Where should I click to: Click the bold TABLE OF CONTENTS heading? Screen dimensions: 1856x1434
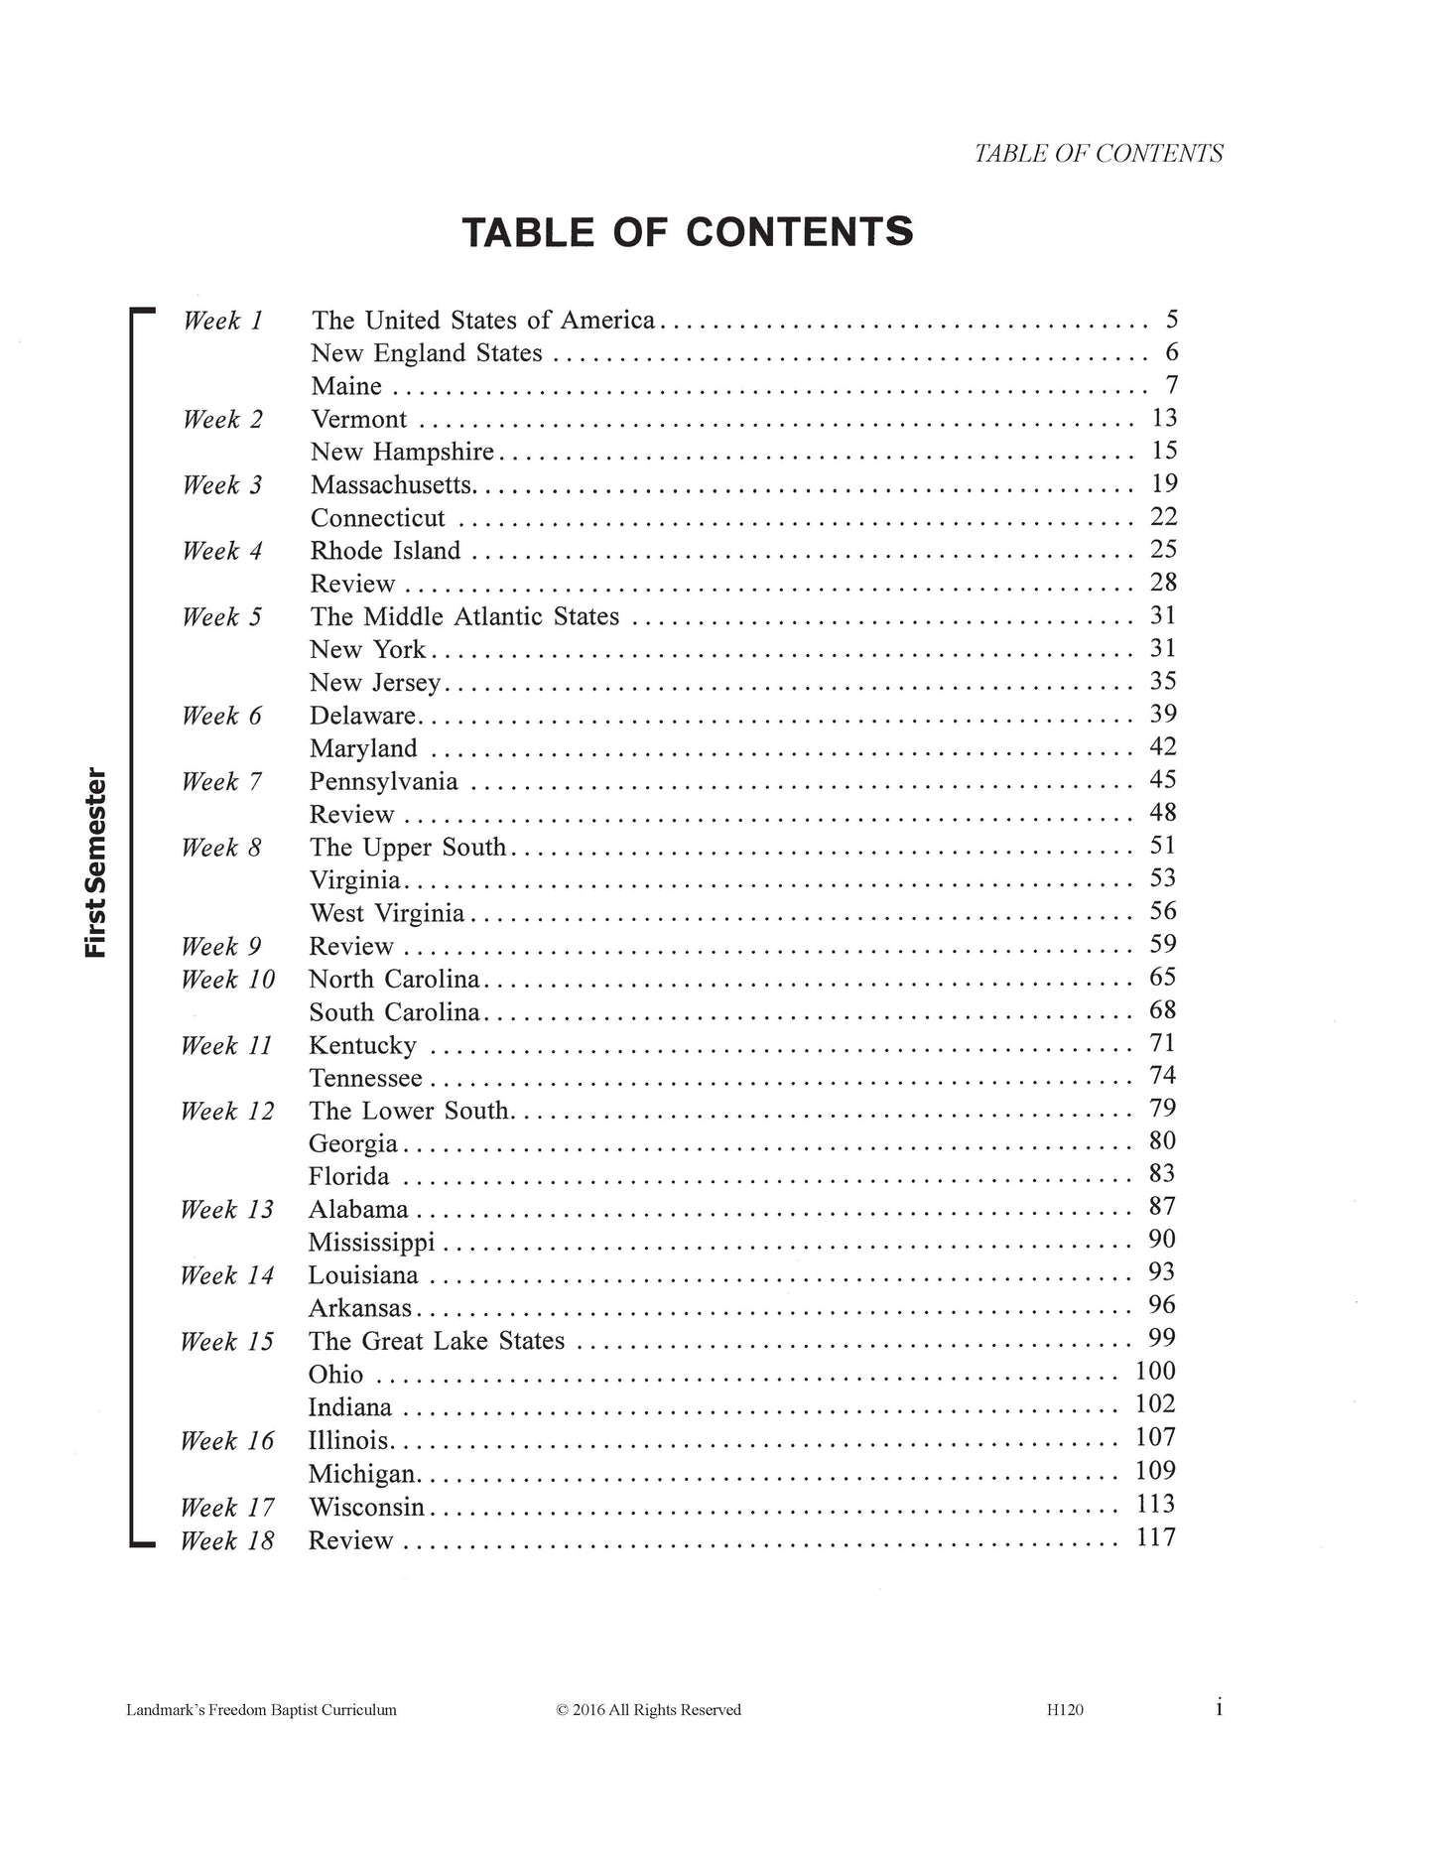(687, 232)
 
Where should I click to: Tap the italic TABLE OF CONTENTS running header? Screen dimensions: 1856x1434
(1098, 154)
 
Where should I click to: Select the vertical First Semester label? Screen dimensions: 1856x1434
(95, 862)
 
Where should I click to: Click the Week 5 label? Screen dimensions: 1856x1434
(222, 617)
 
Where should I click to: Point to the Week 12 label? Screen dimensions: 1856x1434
(227, 1112)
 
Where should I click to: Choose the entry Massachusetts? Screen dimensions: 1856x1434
(392, 485)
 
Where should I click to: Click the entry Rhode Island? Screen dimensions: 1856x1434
(385, 551)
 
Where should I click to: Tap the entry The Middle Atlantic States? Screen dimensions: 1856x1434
(464, 617)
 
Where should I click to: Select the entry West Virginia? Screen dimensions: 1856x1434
(386, 913)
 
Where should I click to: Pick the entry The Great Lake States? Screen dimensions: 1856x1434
(436, 1342)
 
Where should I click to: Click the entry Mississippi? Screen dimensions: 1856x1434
(371, 1243)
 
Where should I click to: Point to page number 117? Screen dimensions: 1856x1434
(1155, 1538)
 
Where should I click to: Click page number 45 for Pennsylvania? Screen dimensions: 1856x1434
(1162, 780)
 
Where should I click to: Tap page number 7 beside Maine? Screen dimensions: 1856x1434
(1171, 385)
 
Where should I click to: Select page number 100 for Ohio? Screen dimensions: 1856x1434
(1155, 1372)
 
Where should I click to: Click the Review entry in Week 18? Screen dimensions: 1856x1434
(351, 1541)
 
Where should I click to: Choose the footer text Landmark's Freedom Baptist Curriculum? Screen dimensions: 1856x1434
(262, 1710)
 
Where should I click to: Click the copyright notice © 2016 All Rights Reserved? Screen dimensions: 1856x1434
(649, 1710)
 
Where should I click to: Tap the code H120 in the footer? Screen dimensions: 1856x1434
(1065, 1710)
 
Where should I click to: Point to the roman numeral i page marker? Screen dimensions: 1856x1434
(1219, 1708)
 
